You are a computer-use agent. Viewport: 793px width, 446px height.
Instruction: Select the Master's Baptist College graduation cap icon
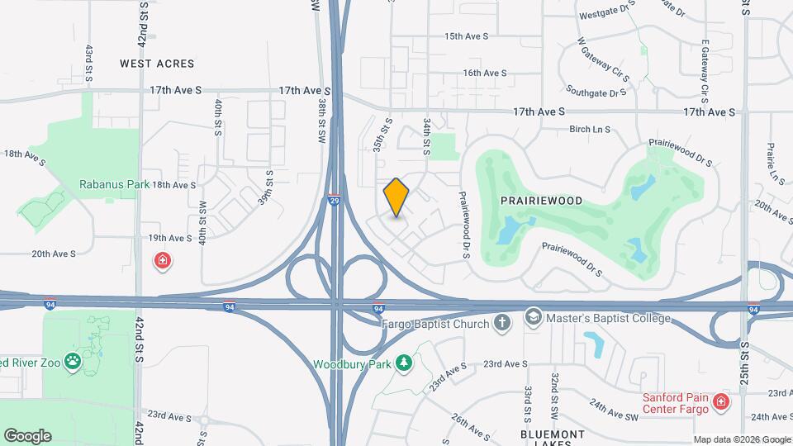click(534, 318)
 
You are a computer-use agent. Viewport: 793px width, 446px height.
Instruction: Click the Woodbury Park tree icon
click(403, 363)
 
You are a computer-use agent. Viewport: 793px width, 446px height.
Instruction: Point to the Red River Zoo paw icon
click(74, 362)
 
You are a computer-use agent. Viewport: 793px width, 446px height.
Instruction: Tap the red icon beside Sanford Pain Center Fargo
click(721, 402)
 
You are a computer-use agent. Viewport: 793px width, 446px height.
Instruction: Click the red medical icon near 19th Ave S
click(164, 262)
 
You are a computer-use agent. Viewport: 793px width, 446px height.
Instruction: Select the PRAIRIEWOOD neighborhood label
click(541, 201)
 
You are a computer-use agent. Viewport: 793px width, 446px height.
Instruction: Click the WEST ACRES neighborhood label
click(157, 64)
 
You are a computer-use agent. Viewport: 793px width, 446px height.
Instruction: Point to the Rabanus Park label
click(114, 184)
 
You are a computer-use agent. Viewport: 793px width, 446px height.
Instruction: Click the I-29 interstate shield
click(334, 199)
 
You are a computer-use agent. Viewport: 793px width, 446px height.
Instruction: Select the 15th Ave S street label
click(467, 36)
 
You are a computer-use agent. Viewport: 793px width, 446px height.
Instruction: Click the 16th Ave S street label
click(484, 73)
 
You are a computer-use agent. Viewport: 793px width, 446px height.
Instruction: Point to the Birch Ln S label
click(590, 129)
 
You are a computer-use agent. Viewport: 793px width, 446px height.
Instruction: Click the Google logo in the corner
click(27, 436)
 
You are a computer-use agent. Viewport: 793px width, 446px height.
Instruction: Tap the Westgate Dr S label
click(608, 15)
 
